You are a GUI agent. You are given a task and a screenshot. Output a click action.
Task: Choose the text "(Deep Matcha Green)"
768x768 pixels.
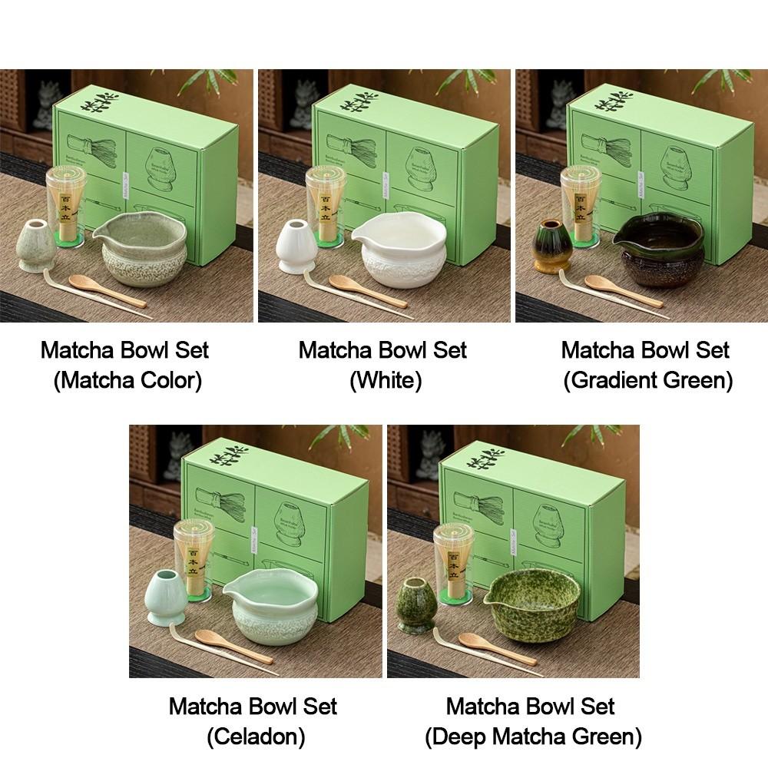(x=533, y=737)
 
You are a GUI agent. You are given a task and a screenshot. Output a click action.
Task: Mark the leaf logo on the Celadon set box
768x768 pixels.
(x=230, y=455)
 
